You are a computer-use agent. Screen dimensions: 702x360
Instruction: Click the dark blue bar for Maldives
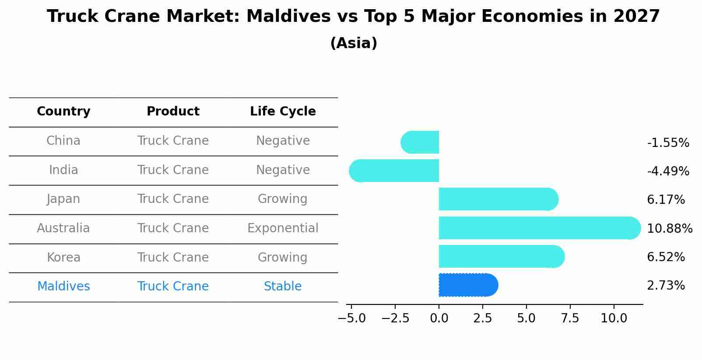(469, 285)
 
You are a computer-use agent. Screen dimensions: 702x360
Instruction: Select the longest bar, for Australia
(540, 228)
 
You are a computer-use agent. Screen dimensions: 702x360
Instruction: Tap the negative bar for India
(394, 171)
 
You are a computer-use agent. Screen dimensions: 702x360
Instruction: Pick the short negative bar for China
(420, 142)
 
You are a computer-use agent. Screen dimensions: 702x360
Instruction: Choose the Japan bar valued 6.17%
(498, 199)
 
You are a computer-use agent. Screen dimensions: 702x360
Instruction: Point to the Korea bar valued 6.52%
(502, 256)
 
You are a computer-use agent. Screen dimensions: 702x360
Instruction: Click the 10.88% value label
(670, 228)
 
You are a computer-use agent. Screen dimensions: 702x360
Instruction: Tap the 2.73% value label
(666, 286)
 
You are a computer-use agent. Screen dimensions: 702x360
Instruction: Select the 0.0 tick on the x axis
(439, 318)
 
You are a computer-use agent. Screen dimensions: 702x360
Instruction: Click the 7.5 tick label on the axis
(570, 318)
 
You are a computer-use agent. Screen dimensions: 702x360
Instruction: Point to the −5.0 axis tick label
(351, 318)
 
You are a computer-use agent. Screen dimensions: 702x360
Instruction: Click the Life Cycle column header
(283, 111)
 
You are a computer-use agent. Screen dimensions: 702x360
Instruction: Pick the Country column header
(63, 111)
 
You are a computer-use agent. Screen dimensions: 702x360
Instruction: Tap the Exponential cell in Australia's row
(283, 228)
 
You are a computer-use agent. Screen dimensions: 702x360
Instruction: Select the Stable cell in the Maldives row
(283, 286)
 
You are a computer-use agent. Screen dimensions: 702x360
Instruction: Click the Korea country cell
(63, 257)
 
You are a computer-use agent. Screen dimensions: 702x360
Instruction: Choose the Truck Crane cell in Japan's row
(173, 199)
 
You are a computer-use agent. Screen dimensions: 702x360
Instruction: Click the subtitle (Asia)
(354, 43)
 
